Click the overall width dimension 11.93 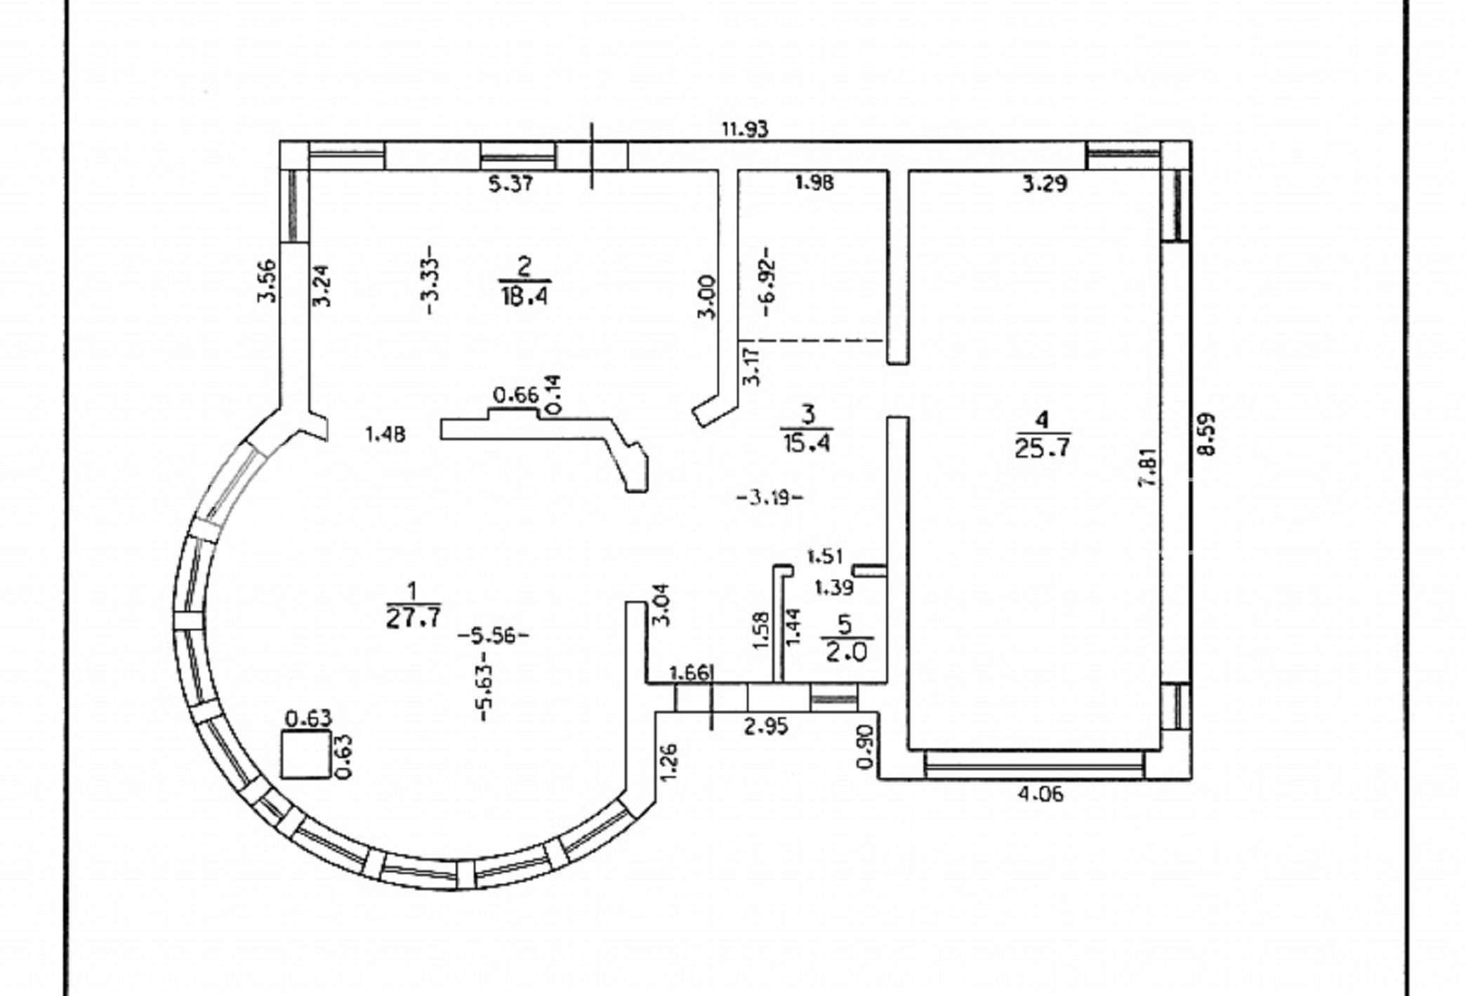point(745,129)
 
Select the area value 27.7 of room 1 point(413,618)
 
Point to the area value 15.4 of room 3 point(807,443)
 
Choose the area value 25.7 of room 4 point(1042,448)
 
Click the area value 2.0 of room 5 point(845,652)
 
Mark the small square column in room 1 point(305,754)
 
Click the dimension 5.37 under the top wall point(510,184)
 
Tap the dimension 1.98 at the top point(814,183)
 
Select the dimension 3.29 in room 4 point(1044,184)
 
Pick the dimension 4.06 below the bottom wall point(1041,794)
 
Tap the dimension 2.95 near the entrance point(765,726)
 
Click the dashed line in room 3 point(812,341)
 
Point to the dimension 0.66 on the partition point(515,395)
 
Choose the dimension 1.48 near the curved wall point(385,435)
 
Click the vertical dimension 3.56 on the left point(268,281)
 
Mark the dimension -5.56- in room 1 point(493,636)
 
